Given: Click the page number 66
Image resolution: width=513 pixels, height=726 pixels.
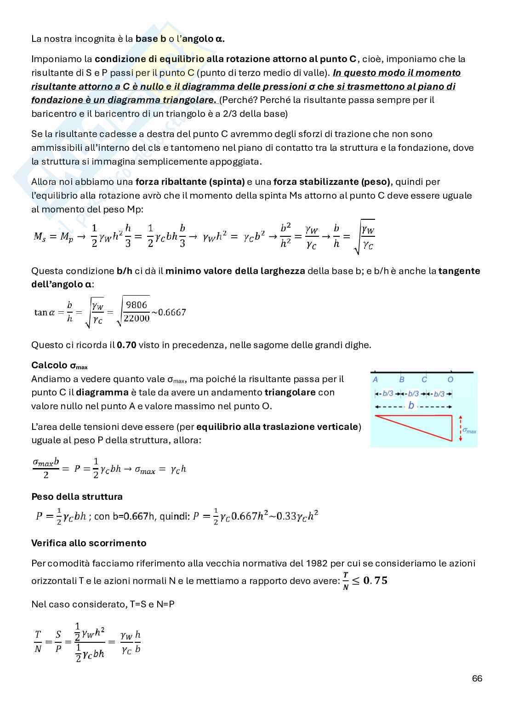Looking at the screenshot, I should [x=477, y=678].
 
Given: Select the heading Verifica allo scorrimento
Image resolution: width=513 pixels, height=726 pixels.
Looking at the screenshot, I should [x=89, y=543].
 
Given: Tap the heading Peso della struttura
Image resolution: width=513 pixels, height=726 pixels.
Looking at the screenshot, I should [x=77, y=497].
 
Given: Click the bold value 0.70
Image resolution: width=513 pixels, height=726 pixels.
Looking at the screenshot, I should [x=126, y=345].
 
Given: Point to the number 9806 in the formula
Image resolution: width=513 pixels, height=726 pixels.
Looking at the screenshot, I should [x=137, y=305].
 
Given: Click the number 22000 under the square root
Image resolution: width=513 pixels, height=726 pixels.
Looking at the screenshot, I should [x=137, y=318].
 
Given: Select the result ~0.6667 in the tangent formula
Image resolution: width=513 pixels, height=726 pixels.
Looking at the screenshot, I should [x=169, y=312].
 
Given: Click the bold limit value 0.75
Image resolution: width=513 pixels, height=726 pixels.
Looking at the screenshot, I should [x=375, y=580].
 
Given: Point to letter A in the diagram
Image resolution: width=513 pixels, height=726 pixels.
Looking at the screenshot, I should [x=376, y=380].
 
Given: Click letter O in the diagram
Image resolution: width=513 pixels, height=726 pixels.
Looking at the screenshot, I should [x=450, y=380].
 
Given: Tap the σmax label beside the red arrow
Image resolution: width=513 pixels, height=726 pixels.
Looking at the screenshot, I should [x=469, y=430].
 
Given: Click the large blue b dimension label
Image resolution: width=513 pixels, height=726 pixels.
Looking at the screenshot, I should [x=411, y=406].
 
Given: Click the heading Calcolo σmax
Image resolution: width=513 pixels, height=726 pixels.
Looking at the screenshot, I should [x=59, y=366].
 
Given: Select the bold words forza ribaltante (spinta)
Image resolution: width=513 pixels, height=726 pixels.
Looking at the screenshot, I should [x=190, y=182].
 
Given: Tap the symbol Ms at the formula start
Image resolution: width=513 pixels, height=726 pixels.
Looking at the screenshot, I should [x=40, y=236].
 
